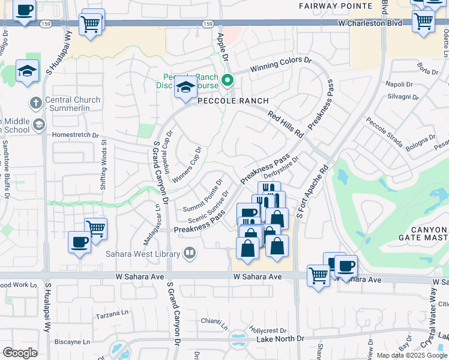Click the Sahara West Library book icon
click(x=190, y=254)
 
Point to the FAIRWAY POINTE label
click(x=336, y=5)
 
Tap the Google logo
click(x=20, y=352)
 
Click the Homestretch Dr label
click(x=76, y=135)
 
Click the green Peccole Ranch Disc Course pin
click(x=228, y=80)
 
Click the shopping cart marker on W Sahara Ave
click(x=318, y=276)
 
